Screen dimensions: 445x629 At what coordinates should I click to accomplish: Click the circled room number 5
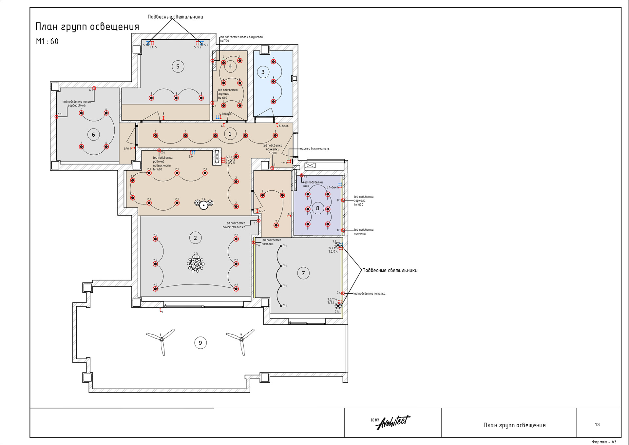click(178, 67)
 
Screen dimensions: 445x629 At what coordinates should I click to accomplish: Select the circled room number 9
click(200, 343)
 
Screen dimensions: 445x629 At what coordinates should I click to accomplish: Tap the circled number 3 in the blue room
click(263, 72)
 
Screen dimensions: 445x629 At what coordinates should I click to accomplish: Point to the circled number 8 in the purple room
click(317, 208)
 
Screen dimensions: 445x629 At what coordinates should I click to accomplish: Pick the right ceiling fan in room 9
click(241, 340)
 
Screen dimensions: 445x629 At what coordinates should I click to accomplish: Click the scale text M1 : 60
click(47, 41)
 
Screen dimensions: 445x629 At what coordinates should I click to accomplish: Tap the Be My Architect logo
click(391, 422)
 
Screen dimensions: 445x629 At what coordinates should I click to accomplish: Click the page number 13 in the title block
click(597, 424)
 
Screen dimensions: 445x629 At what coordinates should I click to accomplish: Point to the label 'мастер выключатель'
click(314, 149)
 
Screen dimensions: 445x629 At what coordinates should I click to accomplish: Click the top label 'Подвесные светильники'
click(175, 17)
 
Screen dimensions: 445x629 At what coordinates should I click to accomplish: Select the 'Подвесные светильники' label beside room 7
click(390, 270)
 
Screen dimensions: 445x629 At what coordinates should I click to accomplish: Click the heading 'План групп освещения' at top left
click(87, 27)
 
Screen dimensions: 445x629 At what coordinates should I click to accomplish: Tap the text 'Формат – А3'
click(604, 442)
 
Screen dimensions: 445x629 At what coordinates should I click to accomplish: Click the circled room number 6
click(93, 135)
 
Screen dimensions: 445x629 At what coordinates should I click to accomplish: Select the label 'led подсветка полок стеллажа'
click(235, 225)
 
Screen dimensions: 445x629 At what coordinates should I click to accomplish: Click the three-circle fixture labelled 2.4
click(204, 204)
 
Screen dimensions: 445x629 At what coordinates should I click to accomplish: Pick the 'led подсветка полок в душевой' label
click(241, 37)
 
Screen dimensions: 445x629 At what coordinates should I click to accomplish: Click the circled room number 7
click(303, 273)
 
